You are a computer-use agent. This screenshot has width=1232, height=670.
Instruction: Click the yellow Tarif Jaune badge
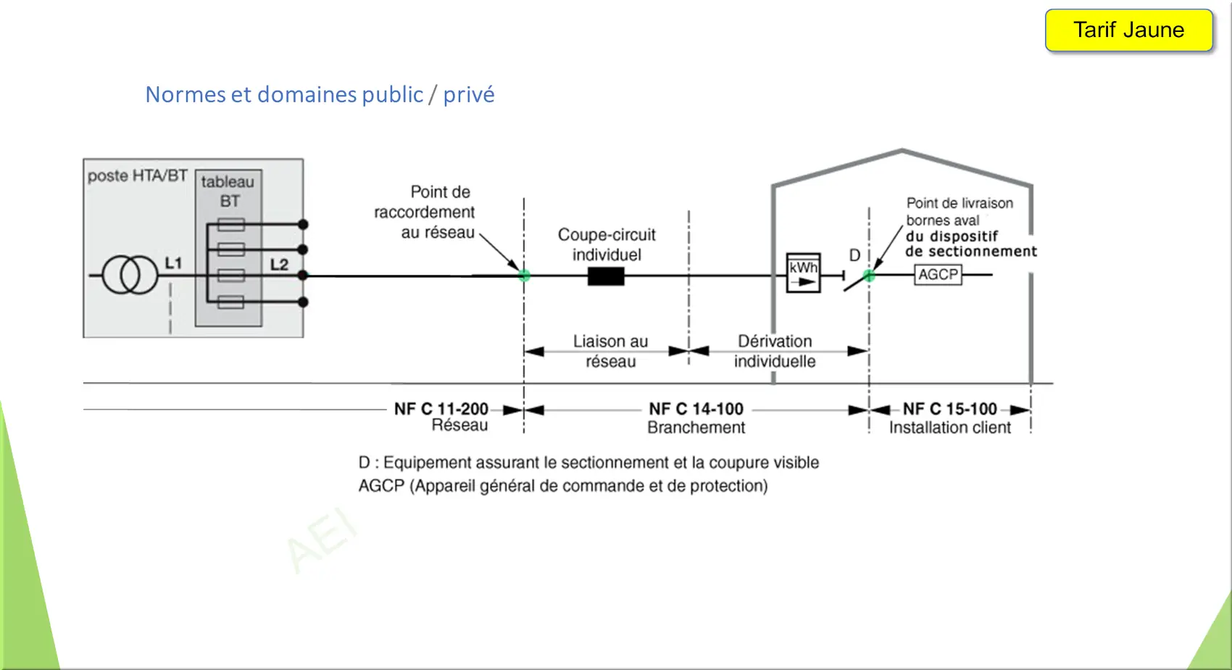[x=1128, y=30]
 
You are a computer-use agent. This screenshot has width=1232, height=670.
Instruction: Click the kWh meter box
[x=803, y=273]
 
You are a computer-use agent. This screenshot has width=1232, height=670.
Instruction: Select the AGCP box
[x=938, y=275]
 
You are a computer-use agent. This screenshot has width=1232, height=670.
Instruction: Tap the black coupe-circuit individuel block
[x=606, y=276]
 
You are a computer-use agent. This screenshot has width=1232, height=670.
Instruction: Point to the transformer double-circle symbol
[x=130, y=275]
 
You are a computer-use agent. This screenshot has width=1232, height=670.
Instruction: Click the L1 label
[x=173, y=263]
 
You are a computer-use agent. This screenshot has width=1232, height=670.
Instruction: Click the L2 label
[x=280, y=265]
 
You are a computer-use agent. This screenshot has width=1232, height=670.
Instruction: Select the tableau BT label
[x=228, y=191]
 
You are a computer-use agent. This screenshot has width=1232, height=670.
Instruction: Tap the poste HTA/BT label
[x=138, y=176]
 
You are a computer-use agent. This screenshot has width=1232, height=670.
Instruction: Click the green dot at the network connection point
[x=524, y=276]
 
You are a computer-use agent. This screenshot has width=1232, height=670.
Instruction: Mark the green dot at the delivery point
[x=869, y=276]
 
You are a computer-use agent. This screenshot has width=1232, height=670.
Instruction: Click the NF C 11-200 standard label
[x=441, y=409]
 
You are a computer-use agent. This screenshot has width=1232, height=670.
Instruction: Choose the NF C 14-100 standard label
[x=696, y=409]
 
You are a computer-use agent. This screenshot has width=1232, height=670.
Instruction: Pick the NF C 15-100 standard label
[x=950, y=409]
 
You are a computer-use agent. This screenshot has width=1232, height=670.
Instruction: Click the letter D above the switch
[x=854, y=255]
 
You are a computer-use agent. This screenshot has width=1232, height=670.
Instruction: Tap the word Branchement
[x=696, y=427]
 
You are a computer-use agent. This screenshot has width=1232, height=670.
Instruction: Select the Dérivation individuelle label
[x=775, y=351]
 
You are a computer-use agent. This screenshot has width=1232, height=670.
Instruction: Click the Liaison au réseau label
[x=610, y=351]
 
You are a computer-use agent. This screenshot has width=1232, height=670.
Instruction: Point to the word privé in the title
[x=469, y=94]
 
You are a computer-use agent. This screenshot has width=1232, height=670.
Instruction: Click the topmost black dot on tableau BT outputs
[x=303, y=225]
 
